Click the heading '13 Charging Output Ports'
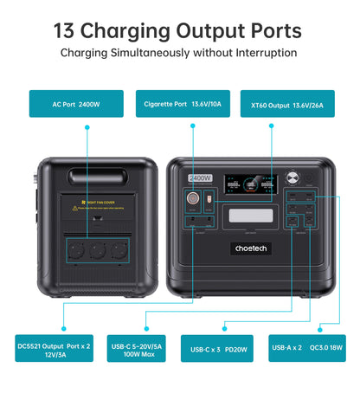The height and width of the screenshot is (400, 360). tap(178, 30)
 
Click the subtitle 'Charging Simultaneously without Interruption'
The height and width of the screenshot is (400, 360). tap(178, 53)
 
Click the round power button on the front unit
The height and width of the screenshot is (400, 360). tap(307, 180)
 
